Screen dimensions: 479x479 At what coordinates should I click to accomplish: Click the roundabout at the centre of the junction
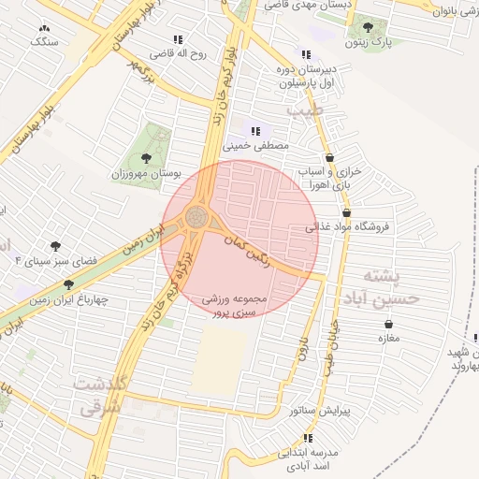(197, 217)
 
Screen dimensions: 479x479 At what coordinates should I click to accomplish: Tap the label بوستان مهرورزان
(145, 174)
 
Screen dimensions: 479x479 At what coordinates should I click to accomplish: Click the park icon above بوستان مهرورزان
(145, 157)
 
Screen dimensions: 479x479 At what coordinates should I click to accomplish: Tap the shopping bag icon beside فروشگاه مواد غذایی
(346, 212)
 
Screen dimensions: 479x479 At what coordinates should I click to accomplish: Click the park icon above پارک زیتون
(367, 27)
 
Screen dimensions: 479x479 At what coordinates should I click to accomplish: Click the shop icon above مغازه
(387, 324)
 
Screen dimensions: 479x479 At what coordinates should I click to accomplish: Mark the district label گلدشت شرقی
(100, 397)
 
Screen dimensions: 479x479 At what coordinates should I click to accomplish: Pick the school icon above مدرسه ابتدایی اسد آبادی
(307, 438)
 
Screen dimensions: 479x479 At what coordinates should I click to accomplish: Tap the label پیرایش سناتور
(318, 411)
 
